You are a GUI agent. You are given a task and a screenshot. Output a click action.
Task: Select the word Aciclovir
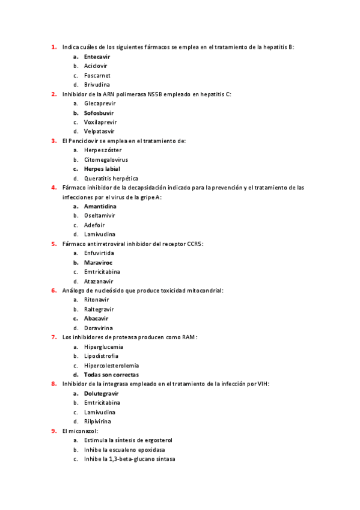[96, 66]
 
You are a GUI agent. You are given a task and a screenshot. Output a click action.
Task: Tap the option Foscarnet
[97, 76]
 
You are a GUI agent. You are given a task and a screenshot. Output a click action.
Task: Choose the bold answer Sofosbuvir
[99, 113]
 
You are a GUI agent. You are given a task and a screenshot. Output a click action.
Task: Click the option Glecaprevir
[100, 103]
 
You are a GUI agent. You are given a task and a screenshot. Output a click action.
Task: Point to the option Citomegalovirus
[106, 159]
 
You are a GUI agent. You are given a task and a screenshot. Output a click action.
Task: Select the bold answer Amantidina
[100, 206]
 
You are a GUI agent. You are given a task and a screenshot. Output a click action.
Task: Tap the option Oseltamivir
[100, 216]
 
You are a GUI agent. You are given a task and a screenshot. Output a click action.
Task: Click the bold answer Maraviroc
[98, 263]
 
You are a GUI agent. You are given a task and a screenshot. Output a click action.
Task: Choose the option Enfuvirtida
[99, 253]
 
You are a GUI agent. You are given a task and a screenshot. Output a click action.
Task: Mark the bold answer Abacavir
[96, 318]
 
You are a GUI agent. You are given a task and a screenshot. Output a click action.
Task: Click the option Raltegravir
[99, 309]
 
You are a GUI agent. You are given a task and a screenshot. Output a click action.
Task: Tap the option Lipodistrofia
[101, 356]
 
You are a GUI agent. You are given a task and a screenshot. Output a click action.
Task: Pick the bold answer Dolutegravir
[101, 393]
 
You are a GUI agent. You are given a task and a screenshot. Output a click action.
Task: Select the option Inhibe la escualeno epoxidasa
[124, 450]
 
